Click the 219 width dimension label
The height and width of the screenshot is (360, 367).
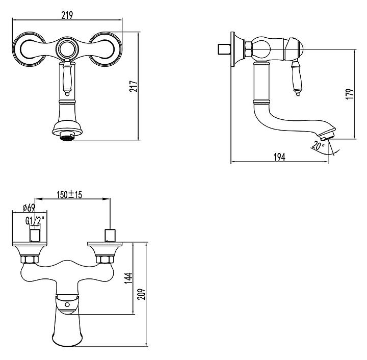(x=67, y=15)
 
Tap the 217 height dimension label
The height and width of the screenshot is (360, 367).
(x=134, y=86)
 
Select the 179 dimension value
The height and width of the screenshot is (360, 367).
(x=350, y=94)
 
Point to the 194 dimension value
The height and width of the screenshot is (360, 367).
(x=280, y=157)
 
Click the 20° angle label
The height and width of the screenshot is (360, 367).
(x=318, y=145)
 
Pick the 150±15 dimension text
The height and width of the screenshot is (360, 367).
(x=69, y=194)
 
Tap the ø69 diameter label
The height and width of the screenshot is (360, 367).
(x=29, y=208)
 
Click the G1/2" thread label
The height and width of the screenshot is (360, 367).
(x=35, y=220)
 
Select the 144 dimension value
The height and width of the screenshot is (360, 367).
(x=128, y=278)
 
